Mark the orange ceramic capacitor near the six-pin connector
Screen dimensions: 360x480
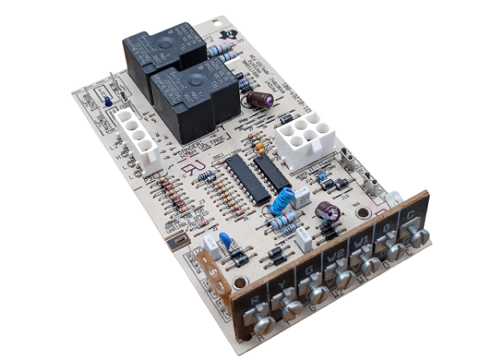tap(258, 147)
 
